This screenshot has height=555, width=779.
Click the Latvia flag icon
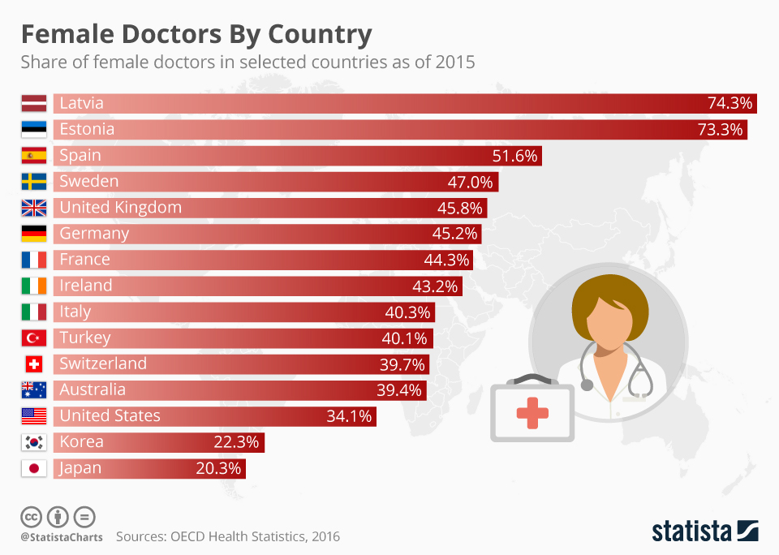click(x=34, y=103)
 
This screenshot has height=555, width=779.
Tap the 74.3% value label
click(x=730, y=103)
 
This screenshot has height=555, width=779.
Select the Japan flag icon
click(x=34, y=468)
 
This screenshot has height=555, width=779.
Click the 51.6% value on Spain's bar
click(x=515, y=156)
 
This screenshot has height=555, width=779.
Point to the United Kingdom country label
click(x=120, y=208)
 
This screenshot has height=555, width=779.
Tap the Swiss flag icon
click(x=34, y=364)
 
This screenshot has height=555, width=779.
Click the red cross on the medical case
click(x=532, y=414)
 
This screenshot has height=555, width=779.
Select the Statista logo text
click(x=690, y=531)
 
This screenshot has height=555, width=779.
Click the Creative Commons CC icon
click(x=32, y=516)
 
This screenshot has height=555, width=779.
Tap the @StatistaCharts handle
click(x=62, y=537)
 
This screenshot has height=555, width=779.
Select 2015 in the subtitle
click(x=455, y=62)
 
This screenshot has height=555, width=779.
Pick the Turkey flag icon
click(x=34, y=338)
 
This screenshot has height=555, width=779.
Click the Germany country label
click(x=94, y=234)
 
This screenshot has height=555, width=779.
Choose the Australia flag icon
click(x=34, y=390)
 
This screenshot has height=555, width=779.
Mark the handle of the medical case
click(x=532, y=378)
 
